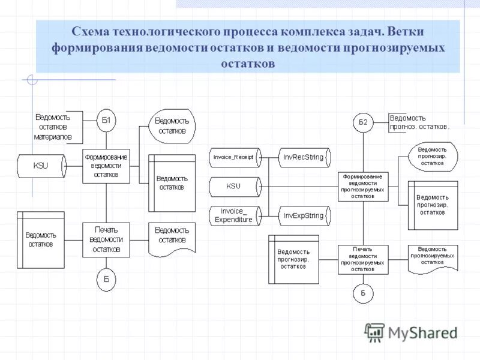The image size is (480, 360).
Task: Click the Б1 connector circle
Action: (106, 121)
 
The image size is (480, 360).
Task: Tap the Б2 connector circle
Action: (363, 122)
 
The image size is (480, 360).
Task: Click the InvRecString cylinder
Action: (304, 157)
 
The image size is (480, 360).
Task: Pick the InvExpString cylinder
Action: (304, 215)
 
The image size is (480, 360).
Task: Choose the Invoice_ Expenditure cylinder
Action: (234, 215)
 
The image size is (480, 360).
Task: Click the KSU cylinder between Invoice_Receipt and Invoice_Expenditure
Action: (234, 186)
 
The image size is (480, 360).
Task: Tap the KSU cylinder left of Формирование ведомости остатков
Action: (42, 165)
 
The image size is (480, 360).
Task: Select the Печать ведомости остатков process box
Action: (106, 239)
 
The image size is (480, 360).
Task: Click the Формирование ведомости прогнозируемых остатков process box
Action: (363, 186)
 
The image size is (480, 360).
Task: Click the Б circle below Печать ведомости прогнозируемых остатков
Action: (363, 293)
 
